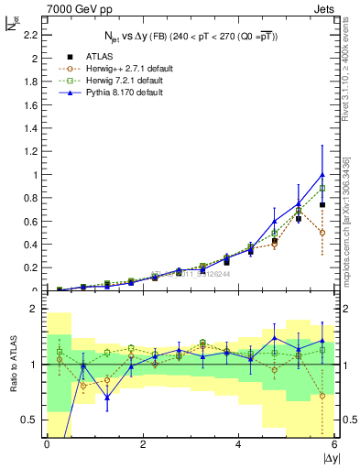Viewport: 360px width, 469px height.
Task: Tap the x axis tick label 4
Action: [238, 444]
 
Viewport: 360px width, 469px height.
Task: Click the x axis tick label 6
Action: [334, 444]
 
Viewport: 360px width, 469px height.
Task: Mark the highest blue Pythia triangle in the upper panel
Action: [322, 174]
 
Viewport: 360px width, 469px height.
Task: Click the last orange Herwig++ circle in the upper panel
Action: [322, 233]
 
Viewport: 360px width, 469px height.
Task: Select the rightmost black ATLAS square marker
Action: [322, 205]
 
